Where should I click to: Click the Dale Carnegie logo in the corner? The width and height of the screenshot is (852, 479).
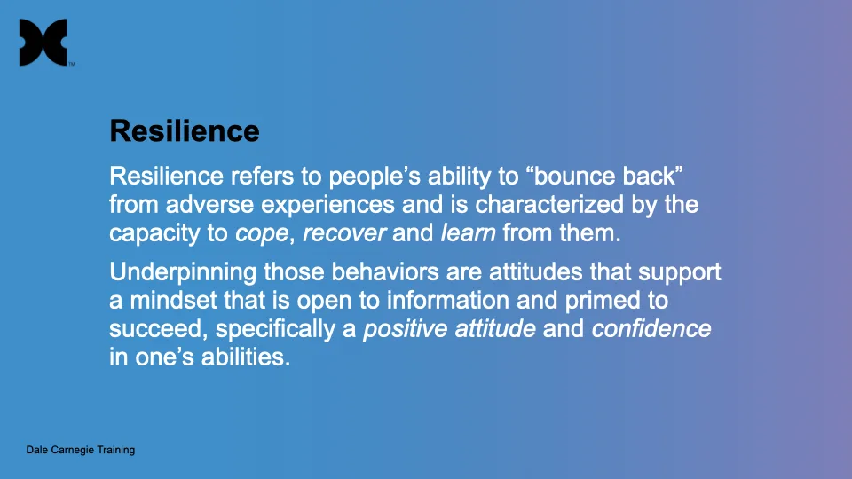click(x=43, y=43)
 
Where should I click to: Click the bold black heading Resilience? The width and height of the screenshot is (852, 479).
click(x=184, y=131)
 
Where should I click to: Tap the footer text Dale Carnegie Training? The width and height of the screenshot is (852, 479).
click(x=80, y=450)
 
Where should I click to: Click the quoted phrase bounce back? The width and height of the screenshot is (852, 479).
click(x=619, y=173)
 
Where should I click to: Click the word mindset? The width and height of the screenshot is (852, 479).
click(x=170, y=300)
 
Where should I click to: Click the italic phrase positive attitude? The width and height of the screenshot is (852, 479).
click(x=450, y=330)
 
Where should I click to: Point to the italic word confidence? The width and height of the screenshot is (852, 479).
click(x=651, y=330)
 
